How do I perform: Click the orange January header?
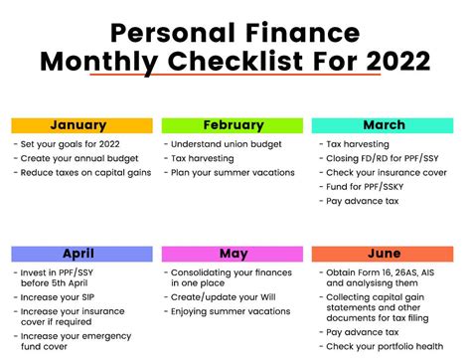click(81, 125)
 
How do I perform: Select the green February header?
click(232, 125)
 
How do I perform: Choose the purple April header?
click(81, 254)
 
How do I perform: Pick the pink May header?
click(232, 254)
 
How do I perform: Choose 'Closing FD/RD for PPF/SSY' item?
click(381, 158)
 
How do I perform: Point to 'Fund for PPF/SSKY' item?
click(367, 186)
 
